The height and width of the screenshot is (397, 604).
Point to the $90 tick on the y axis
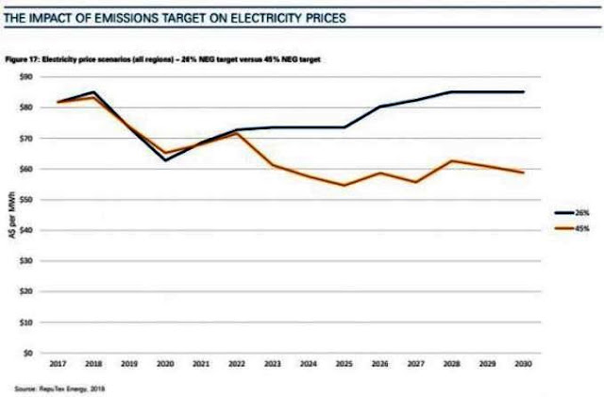(27, 76)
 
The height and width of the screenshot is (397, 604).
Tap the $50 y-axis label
(27, 200)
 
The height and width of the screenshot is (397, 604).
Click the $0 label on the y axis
(29, 354)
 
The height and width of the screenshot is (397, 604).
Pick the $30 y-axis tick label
(27, 261)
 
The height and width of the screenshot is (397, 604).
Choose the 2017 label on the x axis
(59, 363)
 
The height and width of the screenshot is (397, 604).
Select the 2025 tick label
(344, 363)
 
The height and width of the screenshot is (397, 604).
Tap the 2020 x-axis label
(166, 363)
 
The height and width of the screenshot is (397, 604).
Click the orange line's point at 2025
(344, 185)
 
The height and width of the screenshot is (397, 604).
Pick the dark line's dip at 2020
(166, 160)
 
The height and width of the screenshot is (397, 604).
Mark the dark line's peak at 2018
(94, 91)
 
